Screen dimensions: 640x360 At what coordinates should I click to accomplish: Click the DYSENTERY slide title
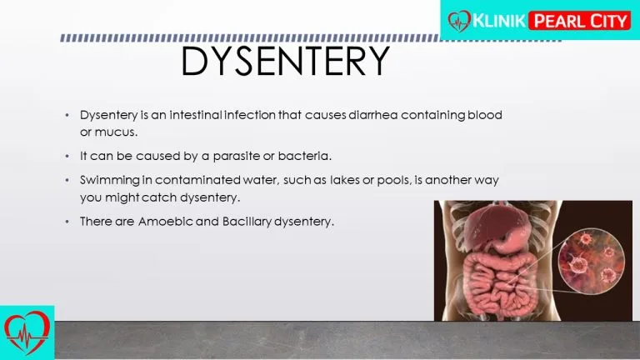pos(285,61)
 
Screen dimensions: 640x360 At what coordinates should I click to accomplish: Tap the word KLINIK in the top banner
pos(499,20)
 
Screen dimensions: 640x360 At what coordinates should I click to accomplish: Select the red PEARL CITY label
pos(580,21)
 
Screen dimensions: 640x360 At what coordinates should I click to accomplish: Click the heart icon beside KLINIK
pos(459,21)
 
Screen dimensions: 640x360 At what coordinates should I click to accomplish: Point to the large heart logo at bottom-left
pos(27,332)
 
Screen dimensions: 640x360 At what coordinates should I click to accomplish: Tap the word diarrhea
pos(373,115)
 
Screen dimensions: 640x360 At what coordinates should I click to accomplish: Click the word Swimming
pos(110,180)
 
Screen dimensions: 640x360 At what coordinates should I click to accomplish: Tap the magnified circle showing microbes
pos(591,261)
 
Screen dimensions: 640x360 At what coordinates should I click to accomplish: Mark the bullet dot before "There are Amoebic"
pos(67,222)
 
